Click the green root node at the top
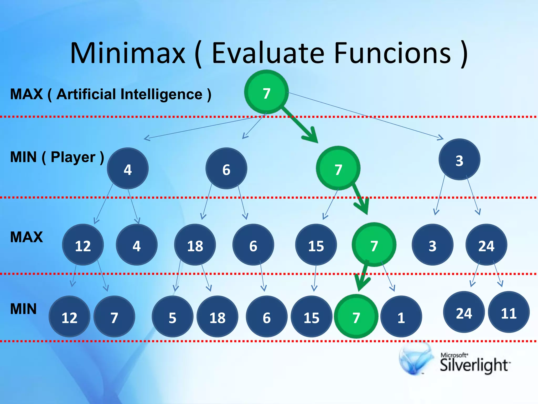(266, 92)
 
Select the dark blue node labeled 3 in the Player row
(459, 160)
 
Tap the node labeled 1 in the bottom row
(401, 317)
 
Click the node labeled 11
(509, 312)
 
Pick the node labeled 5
(172, 317)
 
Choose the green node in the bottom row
(356, 317)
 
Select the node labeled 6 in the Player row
(226, 169)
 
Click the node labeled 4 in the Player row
(128, 169)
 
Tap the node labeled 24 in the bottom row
(464, 312)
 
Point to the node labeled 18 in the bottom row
(217, 317)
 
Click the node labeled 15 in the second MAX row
(316, 245)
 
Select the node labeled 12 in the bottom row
(69, 317)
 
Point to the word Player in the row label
(73, 157)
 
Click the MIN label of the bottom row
(23, 309)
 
